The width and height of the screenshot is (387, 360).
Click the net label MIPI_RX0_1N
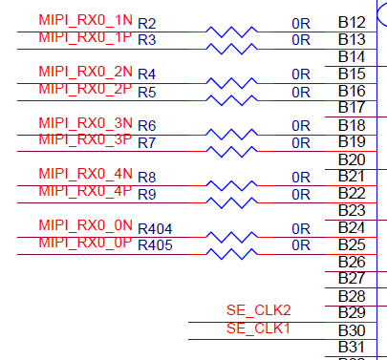tap(85, 20)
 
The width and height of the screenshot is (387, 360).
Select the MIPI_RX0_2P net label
tap(85, 89)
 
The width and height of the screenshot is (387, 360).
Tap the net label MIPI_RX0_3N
tap(85, 123)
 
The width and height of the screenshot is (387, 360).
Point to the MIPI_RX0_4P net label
tap(85, 191)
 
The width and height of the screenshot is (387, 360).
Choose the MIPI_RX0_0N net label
tap(85, 225)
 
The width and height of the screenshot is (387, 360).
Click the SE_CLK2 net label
tap(259, 310)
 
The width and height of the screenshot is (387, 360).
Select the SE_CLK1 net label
tap(258, 328)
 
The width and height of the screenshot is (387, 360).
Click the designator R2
tap(147, 24)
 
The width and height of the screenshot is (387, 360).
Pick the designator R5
tap(147, 92)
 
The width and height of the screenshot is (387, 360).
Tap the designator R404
tap(155, 229)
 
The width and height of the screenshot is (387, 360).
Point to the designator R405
tap(155, 245)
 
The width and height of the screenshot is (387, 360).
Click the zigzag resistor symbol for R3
tap(231, 49)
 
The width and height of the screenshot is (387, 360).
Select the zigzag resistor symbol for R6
tap(231, 135)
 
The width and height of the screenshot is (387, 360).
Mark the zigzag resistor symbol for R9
tap(231, 202)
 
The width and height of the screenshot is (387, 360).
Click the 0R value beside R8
tap(301, 178)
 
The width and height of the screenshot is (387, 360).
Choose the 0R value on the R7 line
tap(301, 143)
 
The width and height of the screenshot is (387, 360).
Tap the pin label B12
tap(352, 22)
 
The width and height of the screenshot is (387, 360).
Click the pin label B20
tap(352, 159)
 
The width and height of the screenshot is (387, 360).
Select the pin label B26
tap(352, 262)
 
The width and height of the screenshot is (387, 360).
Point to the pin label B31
tap(352, 347)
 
